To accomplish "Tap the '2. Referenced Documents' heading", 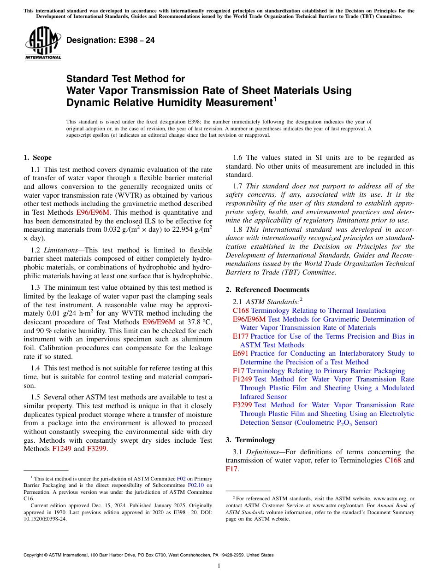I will pos(267,290).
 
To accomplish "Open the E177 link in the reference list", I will pos(241,336).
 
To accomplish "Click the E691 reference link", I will pos(241,353).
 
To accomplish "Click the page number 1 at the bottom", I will pos(219,566).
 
